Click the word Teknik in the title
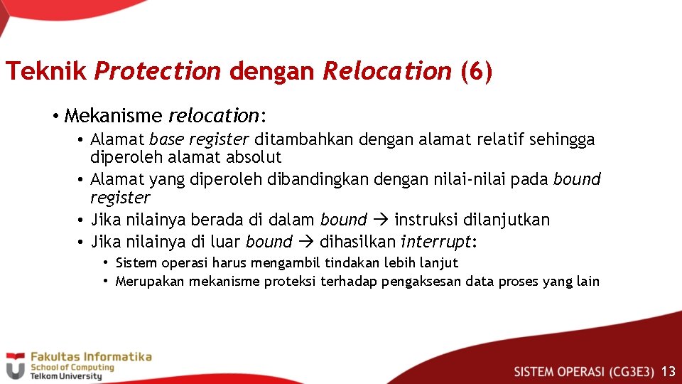pos(46,71)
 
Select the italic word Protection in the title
pos(158,71)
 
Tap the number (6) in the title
pos(476,71)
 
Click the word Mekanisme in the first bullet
pos(113,115)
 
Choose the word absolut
pos(253,157)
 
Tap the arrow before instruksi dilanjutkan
pos(380,220)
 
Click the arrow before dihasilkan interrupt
pos(305,242)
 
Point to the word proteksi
pos(291,282)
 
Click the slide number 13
pos(668,371)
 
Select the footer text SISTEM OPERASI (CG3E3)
pos(583,371)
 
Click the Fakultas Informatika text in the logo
pos(90,356)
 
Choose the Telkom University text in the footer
pos(65,376)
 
